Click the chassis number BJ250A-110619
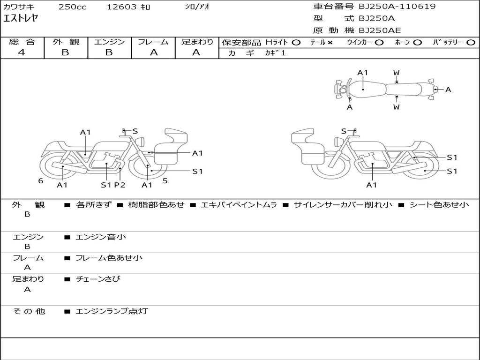click(x=397, y=7)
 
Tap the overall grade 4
click(x=22, y=52)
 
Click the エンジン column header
click(x=109, y=42)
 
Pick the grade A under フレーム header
click(x=154, y=52)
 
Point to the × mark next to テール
click(x=330, y=43)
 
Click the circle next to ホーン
click(x=417, y=43)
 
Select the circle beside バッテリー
click(x=471, y=43)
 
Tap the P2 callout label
click(x=120, y=185)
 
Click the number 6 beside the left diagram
click(x=40, y=181)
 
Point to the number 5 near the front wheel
click(x=165, y=181)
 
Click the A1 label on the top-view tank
click(x=362, y=73)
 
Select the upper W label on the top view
click(x=397, y=73)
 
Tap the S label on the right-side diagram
click(x=344, y=131)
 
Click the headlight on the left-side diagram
click(x=141, y=142)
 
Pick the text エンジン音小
click(x=101, y=237)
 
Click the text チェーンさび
click(x=98, y=279)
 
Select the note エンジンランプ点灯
click(x=112, y=311)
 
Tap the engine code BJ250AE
click(x=380, y=30)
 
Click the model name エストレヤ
click(x=21, y=18)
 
